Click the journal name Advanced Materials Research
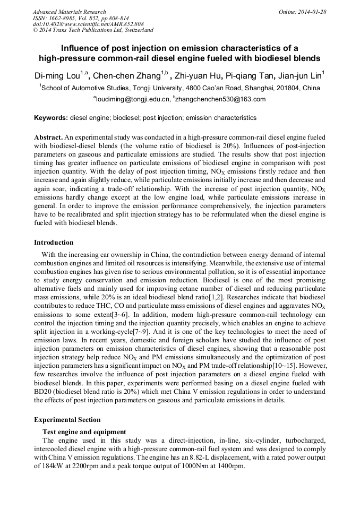pos(69,12)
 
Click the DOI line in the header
pos(88,24)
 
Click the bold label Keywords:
pos(51,118)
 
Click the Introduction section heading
pos(54,243)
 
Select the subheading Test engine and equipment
pos(84,432)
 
